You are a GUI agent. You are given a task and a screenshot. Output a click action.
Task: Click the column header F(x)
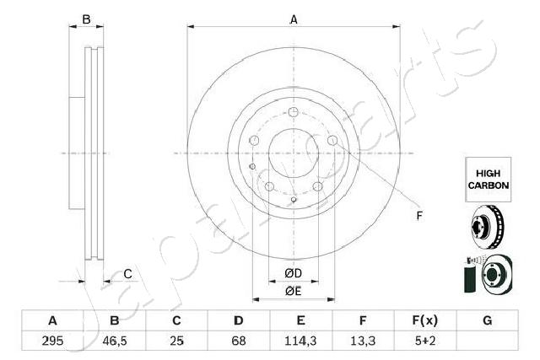[x=424, y=321]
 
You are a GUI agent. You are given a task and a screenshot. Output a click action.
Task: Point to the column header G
[x=487, y=321]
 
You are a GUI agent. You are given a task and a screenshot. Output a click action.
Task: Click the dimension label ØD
[x=293, y=274]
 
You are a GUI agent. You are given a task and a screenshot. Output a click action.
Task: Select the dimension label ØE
[x=293, y=291]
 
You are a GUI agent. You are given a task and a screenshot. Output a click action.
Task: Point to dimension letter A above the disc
[x=294, y=19]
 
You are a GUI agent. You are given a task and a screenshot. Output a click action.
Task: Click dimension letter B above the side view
[x=85, y=19]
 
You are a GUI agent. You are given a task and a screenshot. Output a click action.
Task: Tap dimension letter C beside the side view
[x=127, y=273]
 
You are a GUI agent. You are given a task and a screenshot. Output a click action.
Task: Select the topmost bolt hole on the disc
[x=291, y=115]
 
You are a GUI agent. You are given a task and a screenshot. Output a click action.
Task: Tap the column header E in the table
[x=300, y=321]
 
